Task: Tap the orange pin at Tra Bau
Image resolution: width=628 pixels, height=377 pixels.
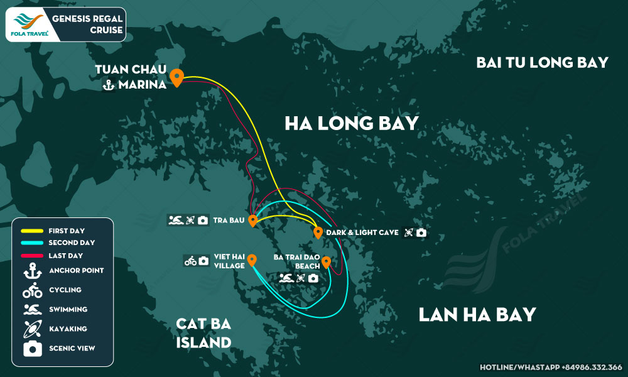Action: pyautogui.click(x=252, y=221)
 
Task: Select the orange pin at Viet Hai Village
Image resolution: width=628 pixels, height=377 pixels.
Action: pyautogui.click(x=252, y=260)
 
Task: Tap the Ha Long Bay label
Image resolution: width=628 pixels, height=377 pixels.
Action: pyautogui.click(x=351, y=123)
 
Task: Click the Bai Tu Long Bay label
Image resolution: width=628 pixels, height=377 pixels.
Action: pyautogui.click(x=542, y=62)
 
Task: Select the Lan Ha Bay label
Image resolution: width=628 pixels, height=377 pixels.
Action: pyautogui.click(x=477, y=314)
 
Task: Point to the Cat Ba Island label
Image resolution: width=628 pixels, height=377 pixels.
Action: pyautogui.click(x=203, y=333)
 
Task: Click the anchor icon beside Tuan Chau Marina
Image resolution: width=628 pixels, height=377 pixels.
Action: pyautogui.click(x=108, y=85)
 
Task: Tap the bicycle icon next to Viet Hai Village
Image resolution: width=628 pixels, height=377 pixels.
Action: pyautogui.click(x=190, y=261)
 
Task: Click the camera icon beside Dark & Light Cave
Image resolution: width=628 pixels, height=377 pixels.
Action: pyautogui.click(x=421, y=232)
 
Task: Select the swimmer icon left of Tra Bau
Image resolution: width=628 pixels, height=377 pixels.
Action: pyautogui.click(x=175, y=221)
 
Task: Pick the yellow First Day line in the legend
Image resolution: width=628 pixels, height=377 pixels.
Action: pyautogui.click(x=31, y=231)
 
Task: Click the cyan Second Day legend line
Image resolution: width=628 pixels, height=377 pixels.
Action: pyautogui.click(x=31, y=243)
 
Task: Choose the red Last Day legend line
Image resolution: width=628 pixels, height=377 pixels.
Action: pyautogui.click(x=31, y=255)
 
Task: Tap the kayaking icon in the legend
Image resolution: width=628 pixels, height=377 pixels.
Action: pyautogui.click(x=32, y=329)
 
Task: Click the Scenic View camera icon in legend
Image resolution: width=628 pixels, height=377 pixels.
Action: pyautogui.click(x=32, y=348)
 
